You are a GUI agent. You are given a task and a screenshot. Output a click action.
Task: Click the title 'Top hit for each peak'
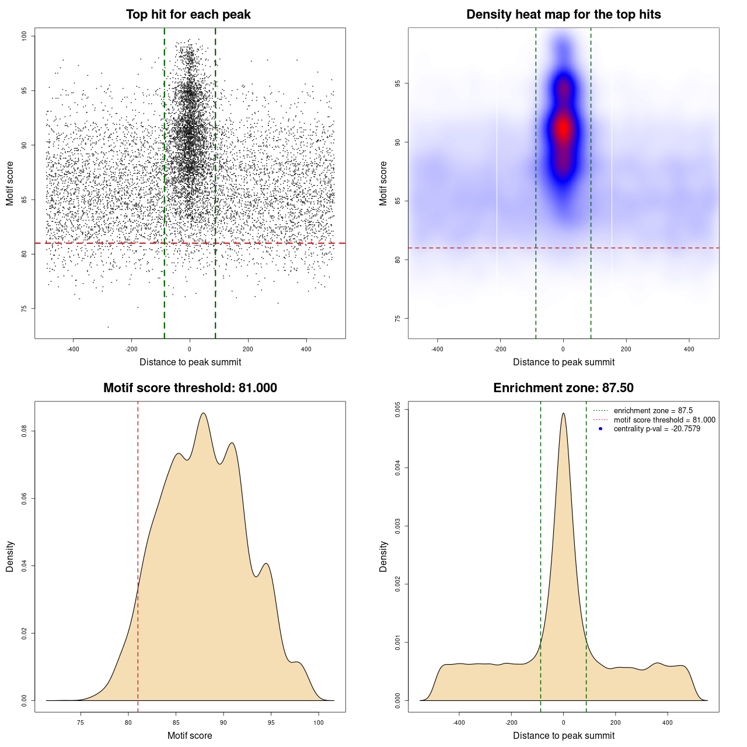188,15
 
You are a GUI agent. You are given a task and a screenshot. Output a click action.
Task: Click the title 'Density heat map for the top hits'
563,15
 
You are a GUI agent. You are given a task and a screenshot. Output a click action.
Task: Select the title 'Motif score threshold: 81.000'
190,388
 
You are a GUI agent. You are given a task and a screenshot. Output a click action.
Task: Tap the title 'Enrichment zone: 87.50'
563,388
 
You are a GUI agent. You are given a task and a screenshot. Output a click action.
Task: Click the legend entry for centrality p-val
657,429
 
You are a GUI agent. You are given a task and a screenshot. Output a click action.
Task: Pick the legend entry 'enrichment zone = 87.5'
653,411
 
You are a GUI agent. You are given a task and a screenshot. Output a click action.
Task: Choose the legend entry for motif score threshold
664,420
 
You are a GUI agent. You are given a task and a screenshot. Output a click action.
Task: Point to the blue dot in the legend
601,429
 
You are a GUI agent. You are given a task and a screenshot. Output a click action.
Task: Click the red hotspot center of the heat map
563,128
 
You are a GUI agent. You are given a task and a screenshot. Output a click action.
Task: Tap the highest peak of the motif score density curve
203,413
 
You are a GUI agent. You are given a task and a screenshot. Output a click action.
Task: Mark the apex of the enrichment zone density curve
563,413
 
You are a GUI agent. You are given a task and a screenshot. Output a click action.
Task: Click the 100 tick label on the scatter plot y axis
25,36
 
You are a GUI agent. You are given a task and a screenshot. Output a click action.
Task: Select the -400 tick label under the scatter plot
73,350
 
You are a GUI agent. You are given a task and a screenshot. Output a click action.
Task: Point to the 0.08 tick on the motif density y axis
25,431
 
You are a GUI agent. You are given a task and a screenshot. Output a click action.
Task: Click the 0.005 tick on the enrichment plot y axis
398,409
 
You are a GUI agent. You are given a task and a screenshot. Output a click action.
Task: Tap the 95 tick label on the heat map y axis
398,84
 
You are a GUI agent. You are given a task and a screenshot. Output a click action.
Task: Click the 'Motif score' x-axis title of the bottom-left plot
190,735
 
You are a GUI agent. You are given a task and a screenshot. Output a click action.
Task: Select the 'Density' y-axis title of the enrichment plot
383,556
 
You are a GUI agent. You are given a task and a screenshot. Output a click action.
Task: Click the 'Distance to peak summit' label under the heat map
563,362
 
